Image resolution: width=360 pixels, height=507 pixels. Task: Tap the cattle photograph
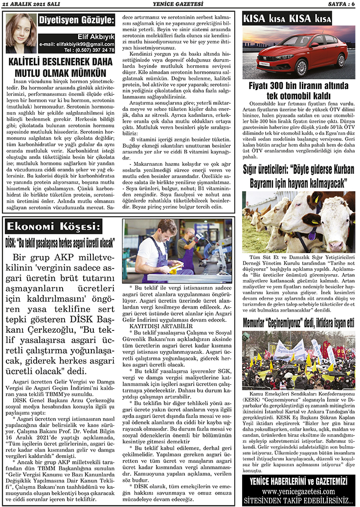click(x=298, y=222)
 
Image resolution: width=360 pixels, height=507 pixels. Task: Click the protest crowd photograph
click(x=298, y=360)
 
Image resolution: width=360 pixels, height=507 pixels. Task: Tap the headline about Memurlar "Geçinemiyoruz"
click(x=298, y=323)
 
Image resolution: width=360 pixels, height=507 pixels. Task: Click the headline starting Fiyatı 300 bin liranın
click(x=298, y=91)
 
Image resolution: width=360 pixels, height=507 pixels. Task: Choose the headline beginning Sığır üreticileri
click(x=298, y=177)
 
